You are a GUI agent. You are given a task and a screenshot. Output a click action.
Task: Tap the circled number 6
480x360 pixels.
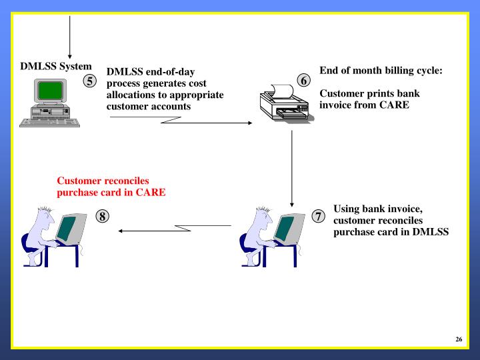coord(303,81)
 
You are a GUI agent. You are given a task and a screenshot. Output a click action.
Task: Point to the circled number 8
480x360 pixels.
coord(103,216)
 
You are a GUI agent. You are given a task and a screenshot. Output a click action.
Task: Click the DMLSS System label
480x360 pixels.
coord(56,67)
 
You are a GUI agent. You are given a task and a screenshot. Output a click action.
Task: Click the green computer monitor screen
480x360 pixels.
coord(47,91)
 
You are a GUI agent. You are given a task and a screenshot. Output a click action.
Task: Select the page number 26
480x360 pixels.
coord(459,339)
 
